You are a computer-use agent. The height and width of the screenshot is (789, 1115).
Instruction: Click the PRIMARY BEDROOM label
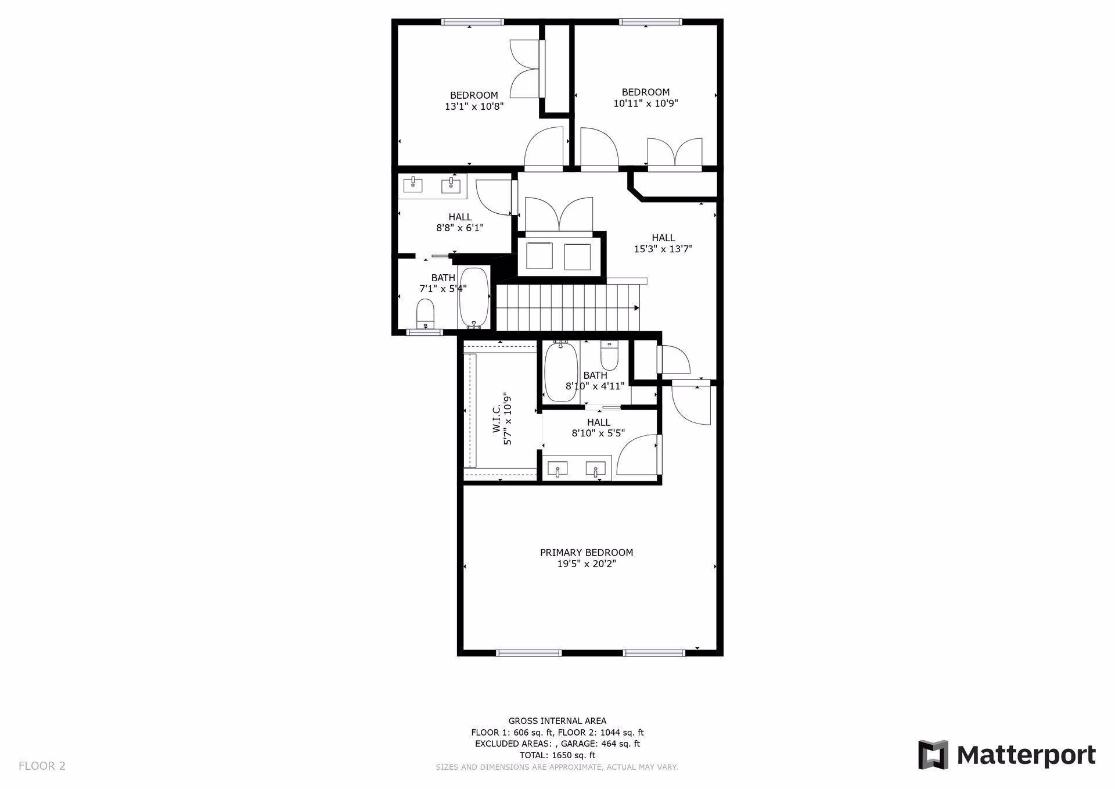(x=587, y=553)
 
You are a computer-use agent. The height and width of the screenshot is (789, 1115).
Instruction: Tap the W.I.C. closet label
(x=497, y=419)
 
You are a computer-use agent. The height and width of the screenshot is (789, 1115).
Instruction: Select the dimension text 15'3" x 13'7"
(x=663, y=249)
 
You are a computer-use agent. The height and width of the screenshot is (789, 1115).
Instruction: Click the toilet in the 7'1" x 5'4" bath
(x=426, y=313)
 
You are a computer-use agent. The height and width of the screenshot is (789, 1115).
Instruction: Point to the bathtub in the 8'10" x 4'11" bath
(x=561, y=372)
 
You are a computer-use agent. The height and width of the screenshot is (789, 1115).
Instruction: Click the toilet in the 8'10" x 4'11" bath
(x=609, y=356)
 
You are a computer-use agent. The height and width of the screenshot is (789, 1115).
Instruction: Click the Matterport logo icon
(x=933, y=755)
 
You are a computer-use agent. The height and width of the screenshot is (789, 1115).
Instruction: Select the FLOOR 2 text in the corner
(x=42, y=766)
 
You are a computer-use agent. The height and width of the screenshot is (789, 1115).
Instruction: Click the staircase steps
(x=567, y=308)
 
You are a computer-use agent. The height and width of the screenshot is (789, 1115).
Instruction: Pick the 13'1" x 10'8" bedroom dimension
(x=474, y=106)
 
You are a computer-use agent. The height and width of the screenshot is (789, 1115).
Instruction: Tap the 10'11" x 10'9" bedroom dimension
(x=646, y=103)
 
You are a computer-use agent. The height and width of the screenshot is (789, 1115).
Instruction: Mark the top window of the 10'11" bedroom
(x=650, y=22)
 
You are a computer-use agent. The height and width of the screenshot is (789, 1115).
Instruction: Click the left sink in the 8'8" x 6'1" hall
(x=413, y=185)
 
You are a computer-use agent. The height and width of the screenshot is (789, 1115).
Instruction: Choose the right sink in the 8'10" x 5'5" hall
(x=596, y=468)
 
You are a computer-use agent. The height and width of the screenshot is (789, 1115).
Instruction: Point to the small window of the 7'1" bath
(x=425, y=332)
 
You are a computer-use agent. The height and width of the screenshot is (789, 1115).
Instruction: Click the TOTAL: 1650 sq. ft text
(x=557, y=755)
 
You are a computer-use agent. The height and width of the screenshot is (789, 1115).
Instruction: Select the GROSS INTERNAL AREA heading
(x=557, y=721)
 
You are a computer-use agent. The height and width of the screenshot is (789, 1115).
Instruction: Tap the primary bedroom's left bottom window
(x=529, y=653)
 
